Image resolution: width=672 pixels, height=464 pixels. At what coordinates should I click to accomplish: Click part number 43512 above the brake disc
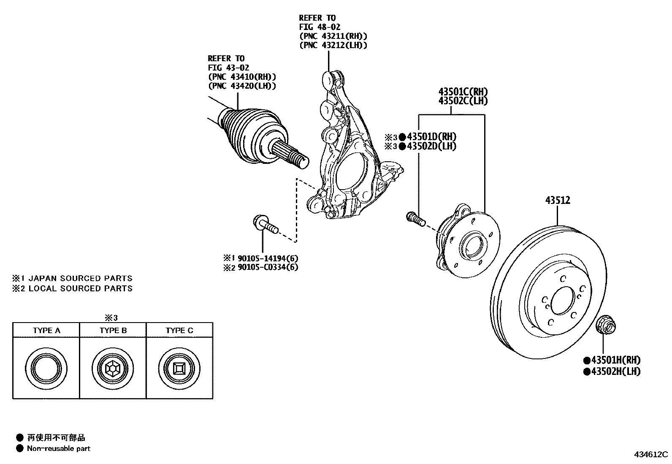click(557, 200)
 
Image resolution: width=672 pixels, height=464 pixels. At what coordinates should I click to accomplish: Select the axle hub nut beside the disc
click(605, 328)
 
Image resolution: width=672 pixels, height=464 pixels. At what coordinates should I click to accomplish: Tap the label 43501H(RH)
click(615, 360)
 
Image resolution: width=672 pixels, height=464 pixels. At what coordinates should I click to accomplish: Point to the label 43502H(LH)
click(615, 372)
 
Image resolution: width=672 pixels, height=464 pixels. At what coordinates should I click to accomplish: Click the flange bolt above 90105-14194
click(264, 224)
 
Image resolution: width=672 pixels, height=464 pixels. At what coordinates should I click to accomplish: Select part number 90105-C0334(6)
click(268, 267)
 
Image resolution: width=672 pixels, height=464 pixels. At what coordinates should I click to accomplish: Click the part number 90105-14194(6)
click(268, 258)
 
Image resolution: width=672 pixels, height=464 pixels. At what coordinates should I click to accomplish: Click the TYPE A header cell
click(46, 330)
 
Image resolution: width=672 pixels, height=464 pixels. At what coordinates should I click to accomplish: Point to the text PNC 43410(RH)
click(242, 77)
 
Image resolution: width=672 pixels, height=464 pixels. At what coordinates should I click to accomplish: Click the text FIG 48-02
click(320, 27)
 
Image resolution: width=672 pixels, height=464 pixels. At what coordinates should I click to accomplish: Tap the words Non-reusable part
click(58, 448)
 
